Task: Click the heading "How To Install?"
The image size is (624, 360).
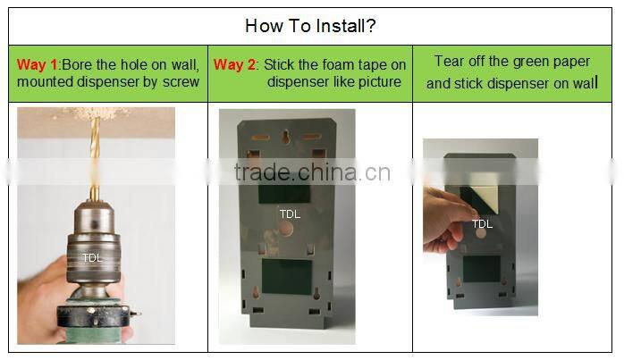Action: (x=310, y=26)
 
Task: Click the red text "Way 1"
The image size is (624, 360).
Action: (x=38, y=64)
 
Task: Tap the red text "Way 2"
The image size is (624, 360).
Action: (x=234, y=64)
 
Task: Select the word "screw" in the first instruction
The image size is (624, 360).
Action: (x=181, y=82)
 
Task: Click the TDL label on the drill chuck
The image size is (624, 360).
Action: (x=92, y=258)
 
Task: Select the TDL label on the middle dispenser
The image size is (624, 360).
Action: (x=290, y=214)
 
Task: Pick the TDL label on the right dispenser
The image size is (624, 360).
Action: (x=483, y=224)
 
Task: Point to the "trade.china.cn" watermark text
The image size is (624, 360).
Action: (x=312, y=172)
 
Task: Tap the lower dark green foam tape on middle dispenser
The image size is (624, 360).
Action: (x=287, y=277)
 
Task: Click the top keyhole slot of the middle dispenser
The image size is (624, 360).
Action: (x=286, y=137)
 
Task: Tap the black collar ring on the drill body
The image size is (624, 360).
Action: (x=94, y=315)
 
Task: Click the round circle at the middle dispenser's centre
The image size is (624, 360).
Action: (x=285, y=230)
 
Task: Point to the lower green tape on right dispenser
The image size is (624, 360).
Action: (x=482, y=269)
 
